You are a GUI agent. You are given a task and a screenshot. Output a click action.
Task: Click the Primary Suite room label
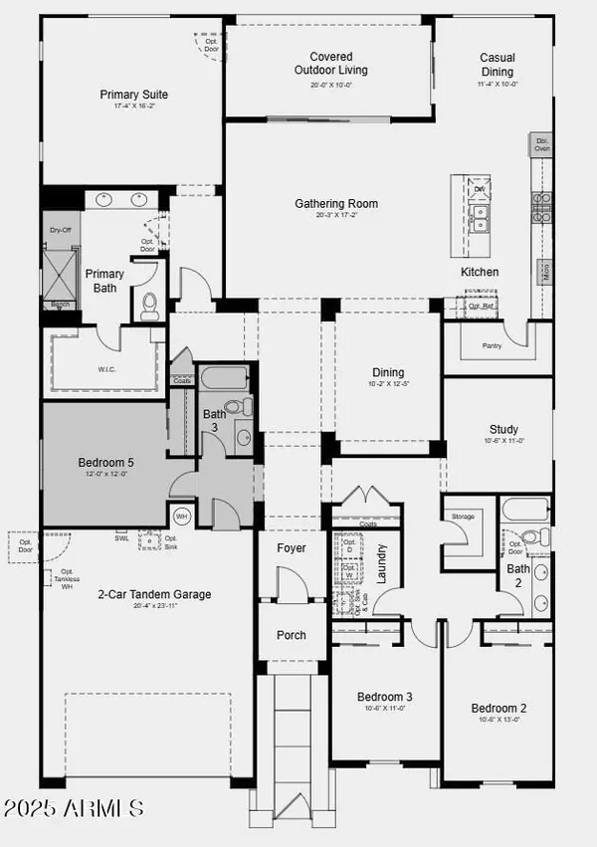[x=133, y=95]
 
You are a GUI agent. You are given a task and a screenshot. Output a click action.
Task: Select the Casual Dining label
[x=497, y=65]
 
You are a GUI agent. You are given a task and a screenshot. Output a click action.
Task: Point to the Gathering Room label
[x=336, y=204]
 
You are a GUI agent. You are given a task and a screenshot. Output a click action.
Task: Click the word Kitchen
[x=479, y=272]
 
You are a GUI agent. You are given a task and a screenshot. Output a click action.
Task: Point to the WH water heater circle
[x=182, y=517]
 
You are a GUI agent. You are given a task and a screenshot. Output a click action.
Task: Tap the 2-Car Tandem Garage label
[x=154, y=594]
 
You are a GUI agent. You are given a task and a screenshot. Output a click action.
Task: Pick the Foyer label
[x=292, y=548]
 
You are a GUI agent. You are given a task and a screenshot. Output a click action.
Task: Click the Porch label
[x=291, y=635]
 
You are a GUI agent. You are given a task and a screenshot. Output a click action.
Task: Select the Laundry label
[x=382, y=563]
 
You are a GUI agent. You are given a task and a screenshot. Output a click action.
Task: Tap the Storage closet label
[x=463, y=517]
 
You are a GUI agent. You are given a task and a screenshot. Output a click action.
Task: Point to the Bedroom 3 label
[x=385, y=697]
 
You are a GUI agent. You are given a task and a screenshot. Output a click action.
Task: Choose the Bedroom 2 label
[x=498, y=709]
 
